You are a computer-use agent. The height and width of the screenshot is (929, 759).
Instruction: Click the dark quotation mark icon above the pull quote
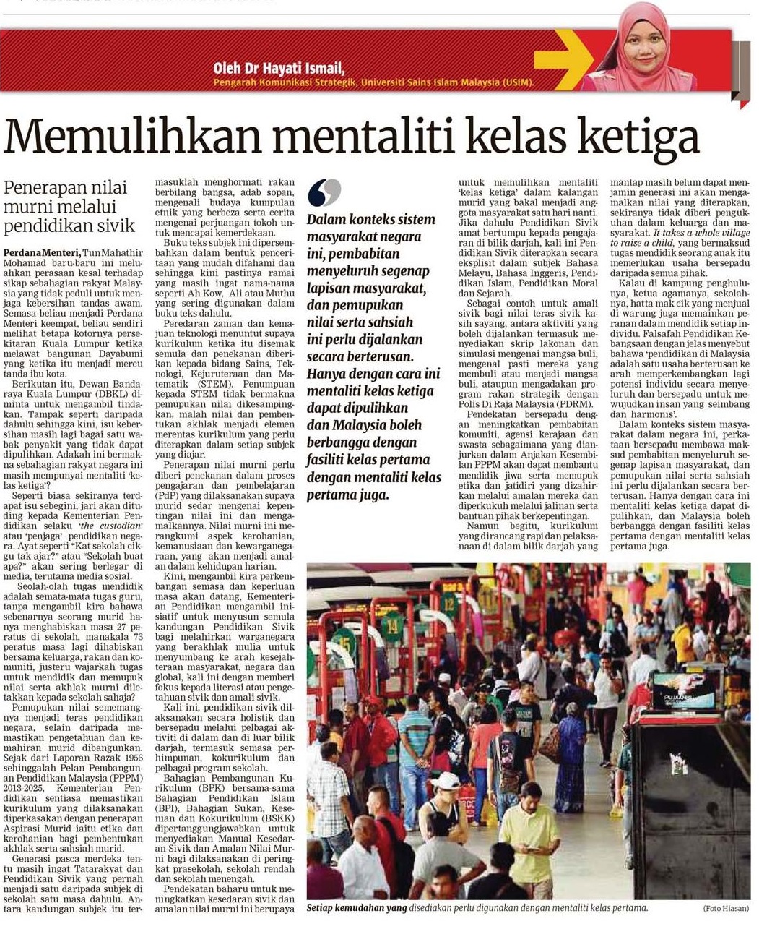click(x=324, y=192)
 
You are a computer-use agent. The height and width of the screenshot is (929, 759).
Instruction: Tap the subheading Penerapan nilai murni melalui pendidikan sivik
click(x=69, y=207)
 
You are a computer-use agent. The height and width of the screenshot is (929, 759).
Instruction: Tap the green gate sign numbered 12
click(x=449, y=604)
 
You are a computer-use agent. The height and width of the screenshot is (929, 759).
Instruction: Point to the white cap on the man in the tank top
click(x=445, y=781)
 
